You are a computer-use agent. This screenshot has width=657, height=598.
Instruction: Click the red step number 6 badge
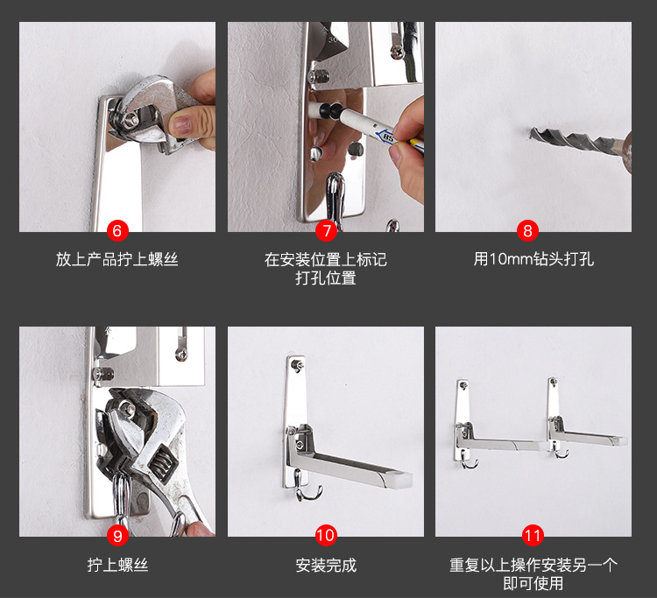coord(117,231)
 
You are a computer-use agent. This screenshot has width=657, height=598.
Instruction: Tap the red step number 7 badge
coord(326,231)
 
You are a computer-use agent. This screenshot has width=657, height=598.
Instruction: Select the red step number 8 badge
coord(527,231)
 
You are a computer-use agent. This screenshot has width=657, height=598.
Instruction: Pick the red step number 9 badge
coord(117,536)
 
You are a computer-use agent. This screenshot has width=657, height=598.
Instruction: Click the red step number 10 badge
coord(326,535)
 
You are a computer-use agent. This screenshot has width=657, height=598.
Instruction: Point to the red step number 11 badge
coord(533,535)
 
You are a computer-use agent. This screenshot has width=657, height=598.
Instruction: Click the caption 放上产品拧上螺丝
coord(117,260)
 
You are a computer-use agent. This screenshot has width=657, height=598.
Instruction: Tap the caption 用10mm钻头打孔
coord(533,259)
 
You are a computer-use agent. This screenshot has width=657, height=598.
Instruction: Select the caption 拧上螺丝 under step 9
coord(117,565)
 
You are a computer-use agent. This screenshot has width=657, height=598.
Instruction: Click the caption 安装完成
coord(326,566)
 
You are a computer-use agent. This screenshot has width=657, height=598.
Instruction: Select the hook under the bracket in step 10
coord(306,488)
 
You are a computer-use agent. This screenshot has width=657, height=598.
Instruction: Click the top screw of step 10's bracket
coord(298,364)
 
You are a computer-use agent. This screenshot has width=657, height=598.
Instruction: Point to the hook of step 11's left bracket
coord(468,461)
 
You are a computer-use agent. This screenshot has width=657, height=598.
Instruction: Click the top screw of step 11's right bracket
coord(554,382)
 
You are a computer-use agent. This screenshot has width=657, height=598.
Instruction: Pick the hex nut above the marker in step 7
coord(319,77)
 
